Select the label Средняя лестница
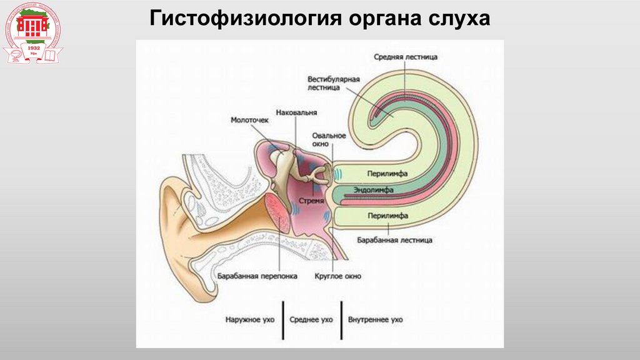(x=406, y=57)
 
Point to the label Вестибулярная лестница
(x=333, y=84)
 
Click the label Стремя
(x=311, y=202)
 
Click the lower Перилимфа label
(x=389, y=216)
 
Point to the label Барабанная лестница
(x=395, y=239)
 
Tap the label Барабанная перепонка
(x=257, y=276)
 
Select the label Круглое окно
(x=338, y=276)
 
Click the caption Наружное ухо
(x=249, y=319)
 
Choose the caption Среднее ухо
(x=311, y=319)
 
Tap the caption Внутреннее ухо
(x=376, y=319)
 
